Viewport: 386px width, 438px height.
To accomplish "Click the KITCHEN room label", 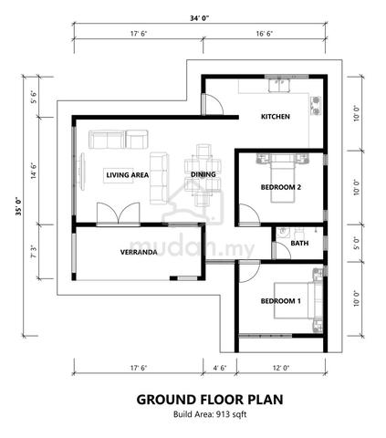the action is click(276, 117).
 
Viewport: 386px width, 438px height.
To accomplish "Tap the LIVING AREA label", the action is click(128, 175).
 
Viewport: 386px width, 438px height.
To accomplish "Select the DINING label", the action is click(203, 174).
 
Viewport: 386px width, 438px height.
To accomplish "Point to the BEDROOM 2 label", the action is click(281, 187).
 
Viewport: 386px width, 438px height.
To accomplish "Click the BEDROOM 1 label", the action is click(281, 301).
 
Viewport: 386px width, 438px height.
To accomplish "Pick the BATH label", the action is click(299, 243).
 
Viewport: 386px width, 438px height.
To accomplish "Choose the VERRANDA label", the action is click(139, 252).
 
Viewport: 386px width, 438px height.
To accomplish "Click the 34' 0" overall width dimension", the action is click(200, 18).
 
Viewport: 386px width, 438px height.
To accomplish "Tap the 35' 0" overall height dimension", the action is click(19, 206).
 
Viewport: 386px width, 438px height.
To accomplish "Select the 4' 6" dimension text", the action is click(220, 368).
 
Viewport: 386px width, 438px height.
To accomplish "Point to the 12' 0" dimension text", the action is click(281, 368).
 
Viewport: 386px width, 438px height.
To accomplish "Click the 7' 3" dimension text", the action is click(34, 252).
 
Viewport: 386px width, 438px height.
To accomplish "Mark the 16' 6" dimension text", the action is click(264, 34).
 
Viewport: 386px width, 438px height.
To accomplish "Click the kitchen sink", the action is click(279, 85).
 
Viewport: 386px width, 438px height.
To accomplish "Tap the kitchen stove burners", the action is click(316, 105).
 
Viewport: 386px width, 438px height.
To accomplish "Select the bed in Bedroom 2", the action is click(283, 178).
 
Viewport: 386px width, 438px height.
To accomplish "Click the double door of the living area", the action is click(119, 214).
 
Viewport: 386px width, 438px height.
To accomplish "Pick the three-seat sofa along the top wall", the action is click(107, 140).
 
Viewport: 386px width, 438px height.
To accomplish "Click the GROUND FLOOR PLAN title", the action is click(210, 400).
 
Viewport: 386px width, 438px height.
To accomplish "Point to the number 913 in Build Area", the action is click(223, 414).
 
